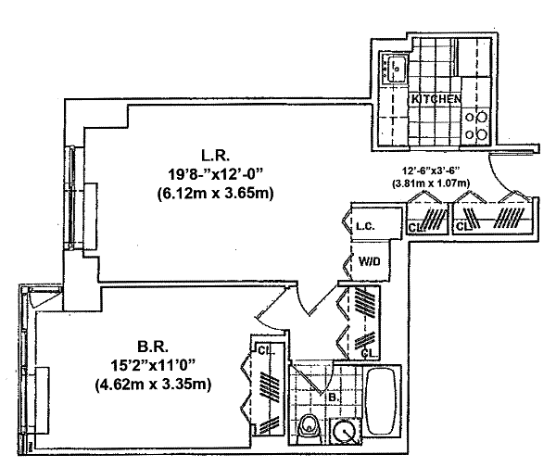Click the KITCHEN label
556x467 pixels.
(x=436, y=99)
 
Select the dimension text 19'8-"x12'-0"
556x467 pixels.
(x=216, y=175)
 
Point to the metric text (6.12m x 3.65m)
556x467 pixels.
(x=216, y=194)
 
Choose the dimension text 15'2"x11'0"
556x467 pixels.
(x=153, y=365)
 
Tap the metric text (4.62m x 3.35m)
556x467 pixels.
(x=153, y=384)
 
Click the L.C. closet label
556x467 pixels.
(x=365, y=226)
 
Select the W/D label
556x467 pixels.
(x=369, y=261)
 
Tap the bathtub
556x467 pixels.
(x=381, y=401)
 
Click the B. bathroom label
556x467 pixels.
(x=333, y=398)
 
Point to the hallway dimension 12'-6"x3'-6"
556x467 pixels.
(x=431, y=170)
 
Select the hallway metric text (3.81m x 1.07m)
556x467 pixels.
(x=431, y=183)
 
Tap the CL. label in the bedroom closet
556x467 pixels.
(x=266, y=351)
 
